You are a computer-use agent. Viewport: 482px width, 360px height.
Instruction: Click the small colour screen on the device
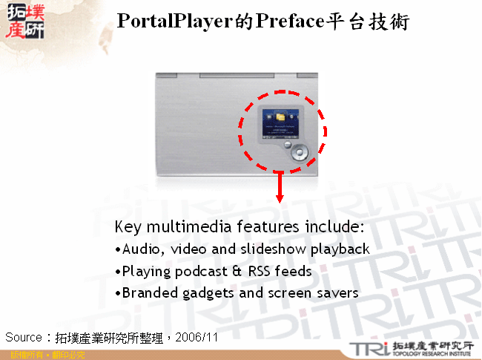click(280, 122)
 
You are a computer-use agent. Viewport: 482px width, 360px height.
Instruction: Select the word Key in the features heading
click(128, 226)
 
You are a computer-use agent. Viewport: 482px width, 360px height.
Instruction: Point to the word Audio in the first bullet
click(140, 249)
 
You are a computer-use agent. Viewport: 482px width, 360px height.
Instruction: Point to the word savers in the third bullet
click(337, 292)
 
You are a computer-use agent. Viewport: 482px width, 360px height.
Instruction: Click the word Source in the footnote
click(24, 337)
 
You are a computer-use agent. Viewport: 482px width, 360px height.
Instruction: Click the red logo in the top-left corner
click(24, 23)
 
